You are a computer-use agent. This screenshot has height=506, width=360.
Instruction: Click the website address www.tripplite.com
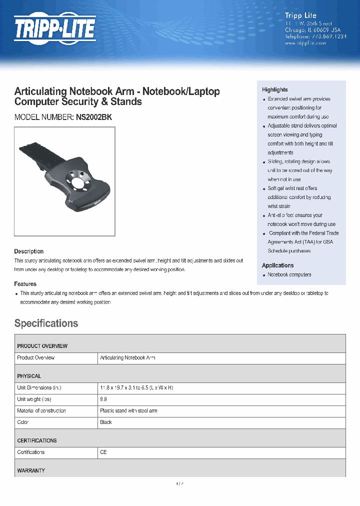(x=305, y=43)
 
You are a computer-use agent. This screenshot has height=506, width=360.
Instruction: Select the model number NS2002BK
(x=94, y=117)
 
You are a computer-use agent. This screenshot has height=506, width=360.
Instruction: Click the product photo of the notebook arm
(x=64, y=181)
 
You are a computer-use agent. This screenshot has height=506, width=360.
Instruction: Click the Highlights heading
(x=274, y=89)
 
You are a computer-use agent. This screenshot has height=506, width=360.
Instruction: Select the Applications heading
(x=277, y=265)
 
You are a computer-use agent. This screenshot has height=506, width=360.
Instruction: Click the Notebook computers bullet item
(x=289, y=274)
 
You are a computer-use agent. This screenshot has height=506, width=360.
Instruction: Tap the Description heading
(x=28, y=251)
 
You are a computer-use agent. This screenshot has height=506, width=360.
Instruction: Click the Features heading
(x=25, y=284)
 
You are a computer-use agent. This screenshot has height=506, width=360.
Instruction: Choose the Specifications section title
(x=46, y=323)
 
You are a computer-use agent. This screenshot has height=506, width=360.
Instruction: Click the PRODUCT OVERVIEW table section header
(x=42, y=346)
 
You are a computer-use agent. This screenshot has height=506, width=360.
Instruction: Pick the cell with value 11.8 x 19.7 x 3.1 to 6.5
(x=136, y=387)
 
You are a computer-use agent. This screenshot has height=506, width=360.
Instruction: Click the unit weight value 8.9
(x=103, y=399)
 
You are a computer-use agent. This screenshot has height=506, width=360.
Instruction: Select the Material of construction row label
(x=41, y=410)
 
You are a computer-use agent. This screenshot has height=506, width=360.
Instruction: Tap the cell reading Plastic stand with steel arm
(x=128, y=410)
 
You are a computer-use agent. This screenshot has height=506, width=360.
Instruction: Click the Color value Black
(x=106, y=422)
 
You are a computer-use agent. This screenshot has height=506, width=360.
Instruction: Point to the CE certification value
(x=103, y=452)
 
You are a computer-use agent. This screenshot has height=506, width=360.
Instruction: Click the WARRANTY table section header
(x=31, y=470)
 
